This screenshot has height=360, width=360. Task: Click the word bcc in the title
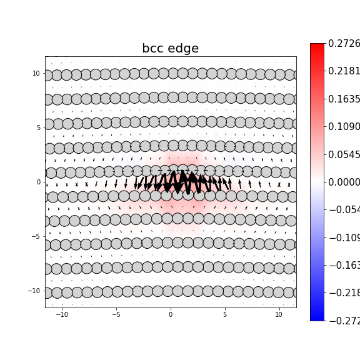154,49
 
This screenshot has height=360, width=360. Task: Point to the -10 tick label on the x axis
62,314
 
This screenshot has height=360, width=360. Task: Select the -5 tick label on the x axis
116,314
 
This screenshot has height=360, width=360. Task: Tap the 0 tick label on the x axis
171,314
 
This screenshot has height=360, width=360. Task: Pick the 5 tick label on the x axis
225,314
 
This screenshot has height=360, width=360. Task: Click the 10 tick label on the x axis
279,314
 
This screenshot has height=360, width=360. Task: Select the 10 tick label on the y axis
36,73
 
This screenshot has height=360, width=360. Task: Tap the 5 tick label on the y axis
38,127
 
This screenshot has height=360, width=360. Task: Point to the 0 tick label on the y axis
38,182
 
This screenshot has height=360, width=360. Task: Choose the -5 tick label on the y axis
36,236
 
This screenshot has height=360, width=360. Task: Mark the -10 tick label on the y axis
35,291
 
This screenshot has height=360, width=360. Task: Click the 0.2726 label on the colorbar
344,44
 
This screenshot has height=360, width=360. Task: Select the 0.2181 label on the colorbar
344,71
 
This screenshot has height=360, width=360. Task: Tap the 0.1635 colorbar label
344,99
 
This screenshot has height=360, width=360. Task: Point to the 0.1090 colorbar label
344,127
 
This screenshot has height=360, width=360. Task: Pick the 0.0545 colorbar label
344,154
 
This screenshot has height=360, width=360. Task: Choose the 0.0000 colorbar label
344,182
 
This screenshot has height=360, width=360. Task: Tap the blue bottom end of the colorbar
317,318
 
